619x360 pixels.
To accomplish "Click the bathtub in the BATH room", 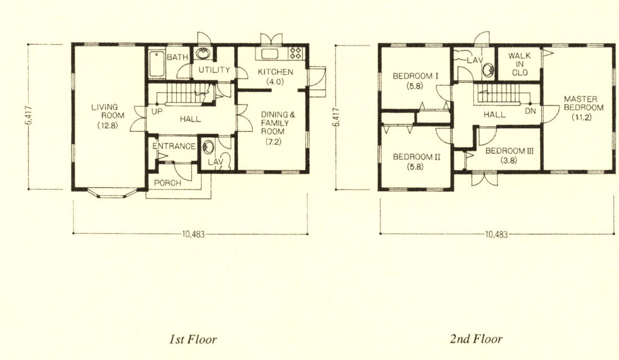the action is (x=158, y=64).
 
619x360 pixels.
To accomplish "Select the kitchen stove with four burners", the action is (x=295, y=53).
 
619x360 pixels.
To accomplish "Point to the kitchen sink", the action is (x=270, y=53).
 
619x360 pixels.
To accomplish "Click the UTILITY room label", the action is (x=214, y=70).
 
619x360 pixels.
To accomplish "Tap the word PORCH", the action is (x=167, y=183).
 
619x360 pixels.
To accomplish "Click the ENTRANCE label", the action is (x=174, y=146).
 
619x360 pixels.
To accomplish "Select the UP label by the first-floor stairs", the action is (x=157, y=112).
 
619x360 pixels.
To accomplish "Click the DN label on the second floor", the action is (x=530, y=111).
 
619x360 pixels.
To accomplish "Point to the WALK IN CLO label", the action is (x=519, y=64).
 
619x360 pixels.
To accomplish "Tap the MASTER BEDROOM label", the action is (x=584, y=103).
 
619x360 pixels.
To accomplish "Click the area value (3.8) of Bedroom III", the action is (x=509, y=160).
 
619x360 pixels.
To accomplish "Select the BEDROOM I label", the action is (x=415, y=76).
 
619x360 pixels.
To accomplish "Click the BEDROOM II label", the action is (x=416, y=157).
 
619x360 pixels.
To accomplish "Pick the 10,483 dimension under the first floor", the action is (x=194, y=234).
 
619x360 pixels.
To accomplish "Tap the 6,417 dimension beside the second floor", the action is (x=337, y=117).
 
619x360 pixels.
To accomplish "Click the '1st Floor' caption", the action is (x=193, y=339).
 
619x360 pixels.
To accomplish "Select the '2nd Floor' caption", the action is (x=476, y=339).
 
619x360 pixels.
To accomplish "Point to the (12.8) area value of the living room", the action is (x=108, y=126).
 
